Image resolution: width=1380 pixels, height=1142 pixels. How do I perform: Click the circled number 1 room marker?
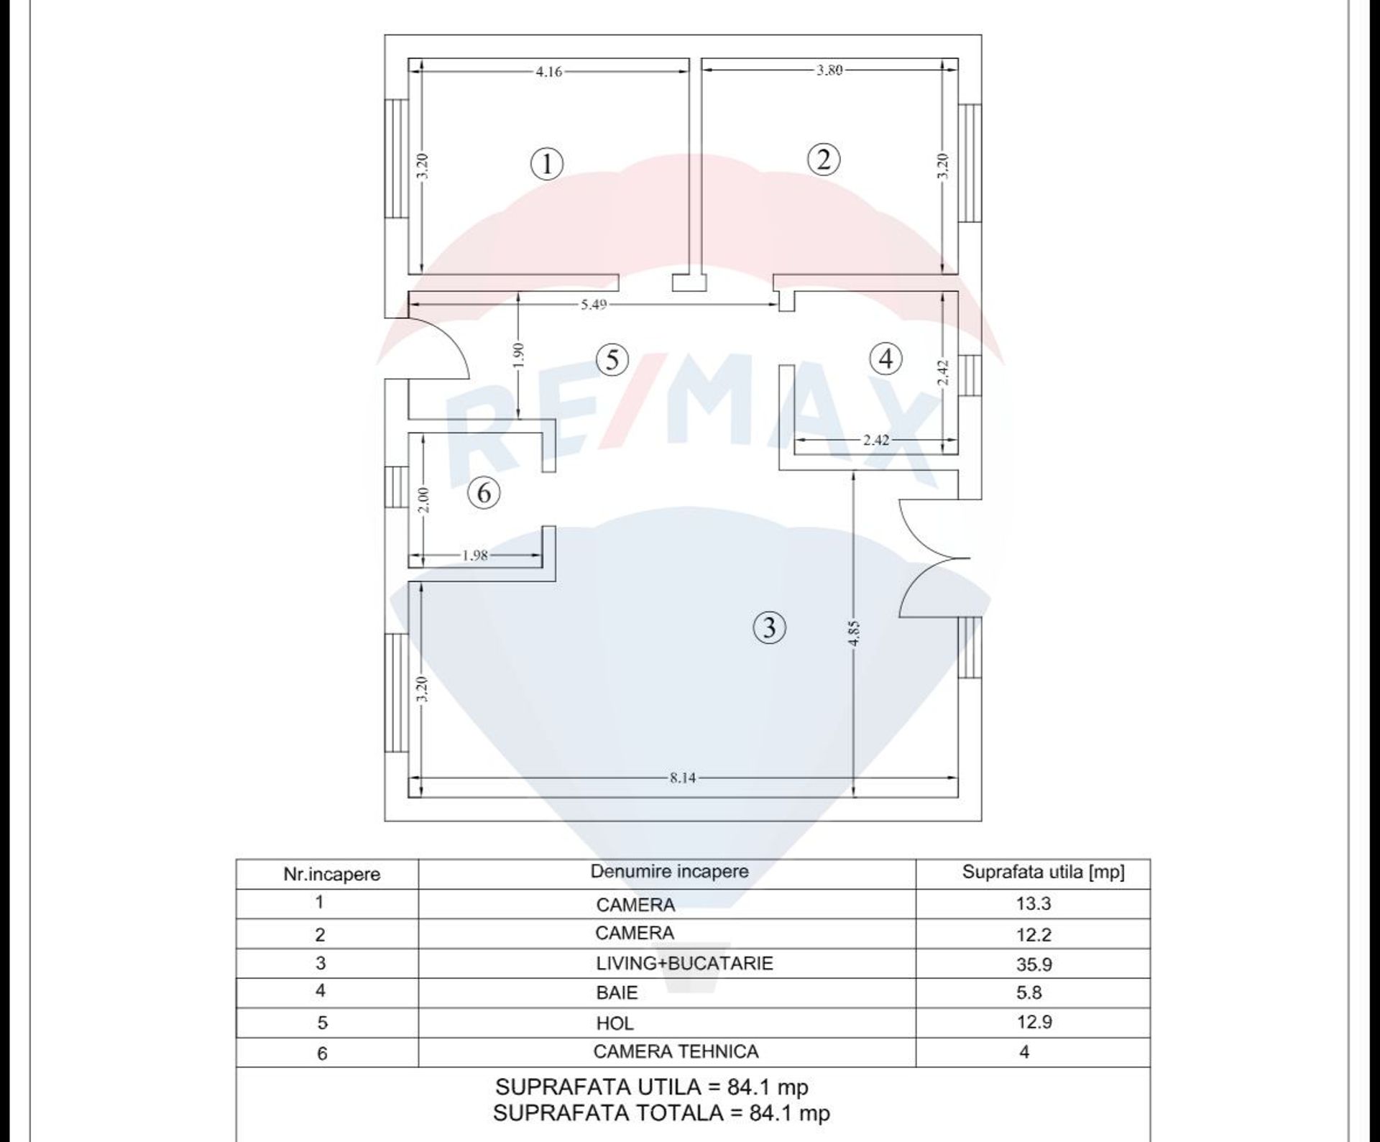coord(547,164)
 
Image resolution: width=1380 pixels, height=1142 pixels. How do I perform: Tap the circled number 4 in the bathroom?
coord(885,358)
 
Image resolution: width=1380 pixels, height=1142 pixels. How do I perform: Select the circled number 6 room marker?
coord(484,493)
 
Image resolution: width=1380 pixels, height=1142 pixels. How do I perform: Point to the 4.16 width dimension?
coord(549,71)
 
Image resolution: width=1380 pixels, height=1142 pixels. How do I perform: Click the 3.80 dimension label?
coord(829,70)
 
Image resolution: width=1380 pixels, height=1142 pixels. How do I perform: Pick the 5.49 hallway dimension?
coord(594,305)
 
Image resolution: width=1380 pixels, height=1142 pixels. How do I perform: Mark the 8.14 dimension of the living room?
coord(682,778)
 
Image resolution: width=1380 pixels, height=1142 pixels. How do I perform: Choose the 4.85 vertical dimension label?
coord(853,633)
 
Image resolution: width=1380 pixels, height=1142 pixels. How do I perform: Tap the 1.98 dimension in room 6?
coord(475,555)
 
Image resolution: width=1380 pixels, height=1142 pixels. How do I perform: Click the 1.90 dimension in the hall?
coord(520,355)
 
